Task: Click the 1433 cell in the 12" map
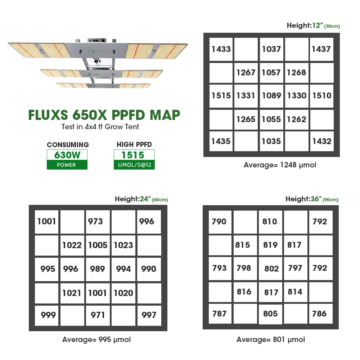coord(221,49)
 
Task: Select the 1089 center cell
coord(271,96)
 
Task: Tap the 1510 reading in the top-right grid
coord(321,96)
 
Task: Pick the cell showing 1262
coord(296,119)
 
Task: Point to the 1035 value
coord(271,141)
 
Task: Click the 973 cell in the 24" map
coord(95,221)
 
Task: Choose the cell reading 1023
coord(123,245)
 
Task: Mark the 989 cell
coord(98,269)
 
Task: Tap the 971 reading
coord(98,315)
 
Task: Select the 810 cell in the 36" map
coord(270,221)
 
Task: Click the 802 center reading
coord(271,269)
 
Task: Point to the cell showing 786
coord(319,314)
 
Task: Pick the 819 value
coord(270,245)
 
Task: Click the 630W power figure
coord(67,155)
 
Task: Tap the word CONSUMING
coord(68,145)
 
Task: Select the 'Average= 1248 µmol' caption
coord(280,165)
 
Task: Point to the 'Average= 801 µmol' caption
coord(270,339)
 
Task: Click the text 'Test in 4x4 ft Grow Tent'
coord(100,127)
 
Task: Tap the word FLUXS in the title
coord(48,115)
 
